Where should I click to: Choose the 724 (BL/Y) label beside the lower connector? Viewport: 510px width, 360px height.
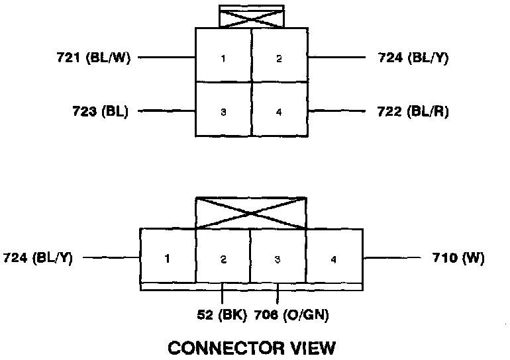point(38,257)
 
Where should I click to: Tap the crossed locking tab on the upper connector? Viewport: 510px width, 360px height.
point(251,17)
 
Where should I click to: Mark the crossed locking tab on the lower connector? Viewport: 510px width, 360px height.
point(251,212)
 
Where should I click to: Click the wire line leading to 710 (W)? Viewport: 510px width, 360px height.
point(391,257)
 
